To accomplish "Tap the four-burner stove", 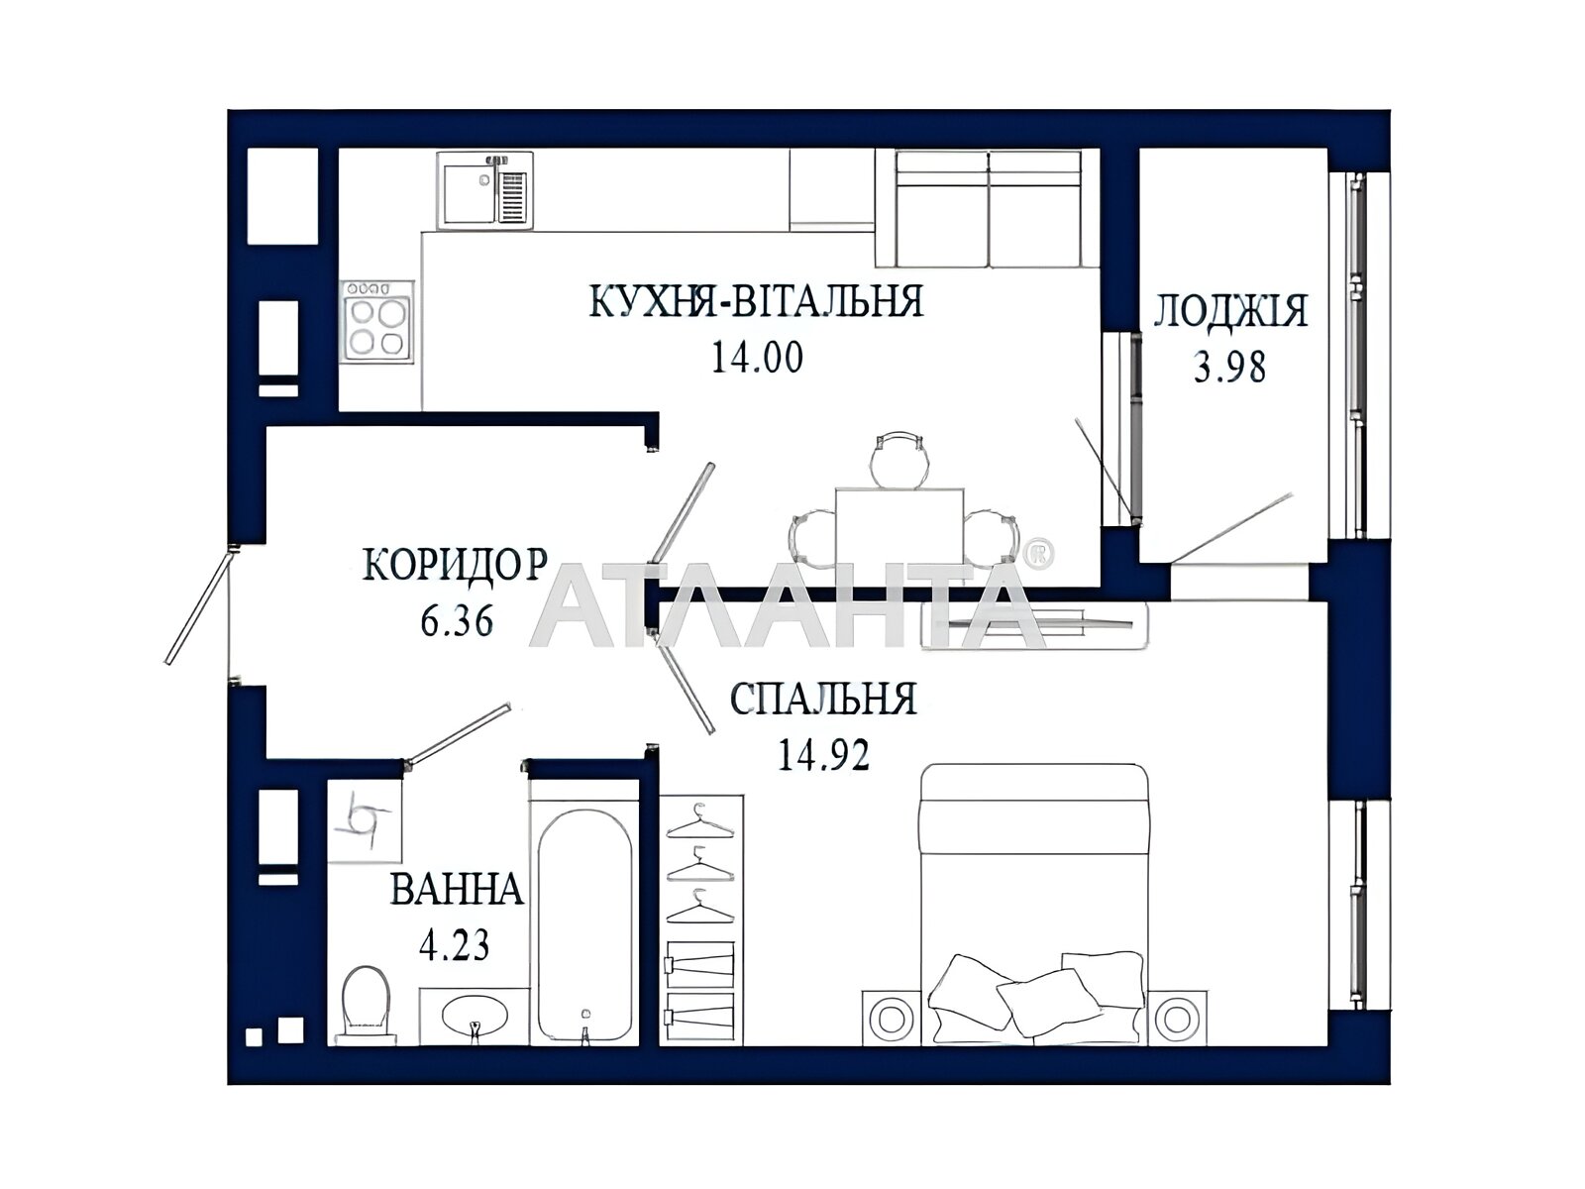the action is [376, 319].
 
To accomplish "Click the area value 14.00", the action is [757, 358].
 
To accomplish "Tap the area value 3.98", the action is [1229, 368].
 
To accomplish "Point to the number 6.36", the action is [457, 620].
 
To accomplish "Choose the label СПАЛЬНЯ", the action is [823, 699].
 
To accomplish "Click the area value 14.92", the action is [822, 755].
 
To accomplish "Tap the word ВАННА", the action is [457, 889].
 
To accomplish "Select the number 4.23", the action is [455, 944].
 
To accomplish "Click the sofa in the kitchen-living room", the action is [989, 208].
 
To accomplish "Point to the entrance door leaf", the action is [198, 605].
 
